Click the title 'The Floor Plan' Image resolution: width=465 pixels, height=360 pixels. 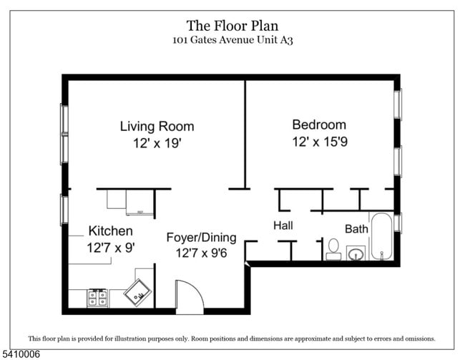tap(232, 26)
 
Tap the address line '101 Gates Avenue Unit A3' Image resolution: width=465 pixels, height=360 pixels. tap(232, 40)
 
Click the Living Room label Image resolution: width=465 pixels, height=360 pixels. tap(157, 127)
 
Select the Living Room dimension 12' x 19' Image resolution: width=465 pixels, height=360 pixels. tap(157, 143)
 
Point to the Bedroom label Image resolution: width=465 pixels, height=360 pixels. tap(319, 125)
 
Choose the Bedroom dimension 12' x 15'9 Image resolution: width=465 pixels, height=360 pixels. tap(320, 142)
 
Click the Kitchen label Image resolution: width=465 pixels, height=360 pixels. tap(111, 231)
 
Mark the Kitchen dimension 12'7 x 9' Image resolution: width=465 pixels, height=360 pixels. tap(111, 248)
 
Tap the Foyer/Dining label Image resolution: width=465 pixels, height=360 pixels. tap(201, 238)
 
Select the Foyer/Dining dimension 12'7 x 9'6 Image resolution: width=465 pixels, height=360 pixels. tap(201, 253)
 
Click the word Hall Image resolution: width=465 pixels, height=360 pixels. tap(283, 225)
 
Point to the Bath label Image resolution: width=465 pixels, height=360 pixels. tap(356, 229)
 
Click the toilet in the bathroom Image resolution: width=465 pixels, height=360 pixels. tap(333, 250)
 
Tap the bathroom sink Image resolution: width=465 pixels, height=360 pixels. tap(356, 253)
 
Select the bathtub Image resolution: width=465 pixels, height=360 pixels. tap(382, 236)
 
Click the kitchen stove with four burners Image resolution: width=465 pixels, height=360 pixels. tap(97, 298)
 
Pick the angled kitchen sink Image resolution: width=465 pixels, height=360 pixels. tap(137, 292)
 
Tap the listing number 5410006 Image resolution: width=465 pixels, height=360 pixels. tap(21, 354)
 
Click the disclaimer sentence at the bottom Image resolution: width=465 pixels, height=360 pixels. tap(232, 339)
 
